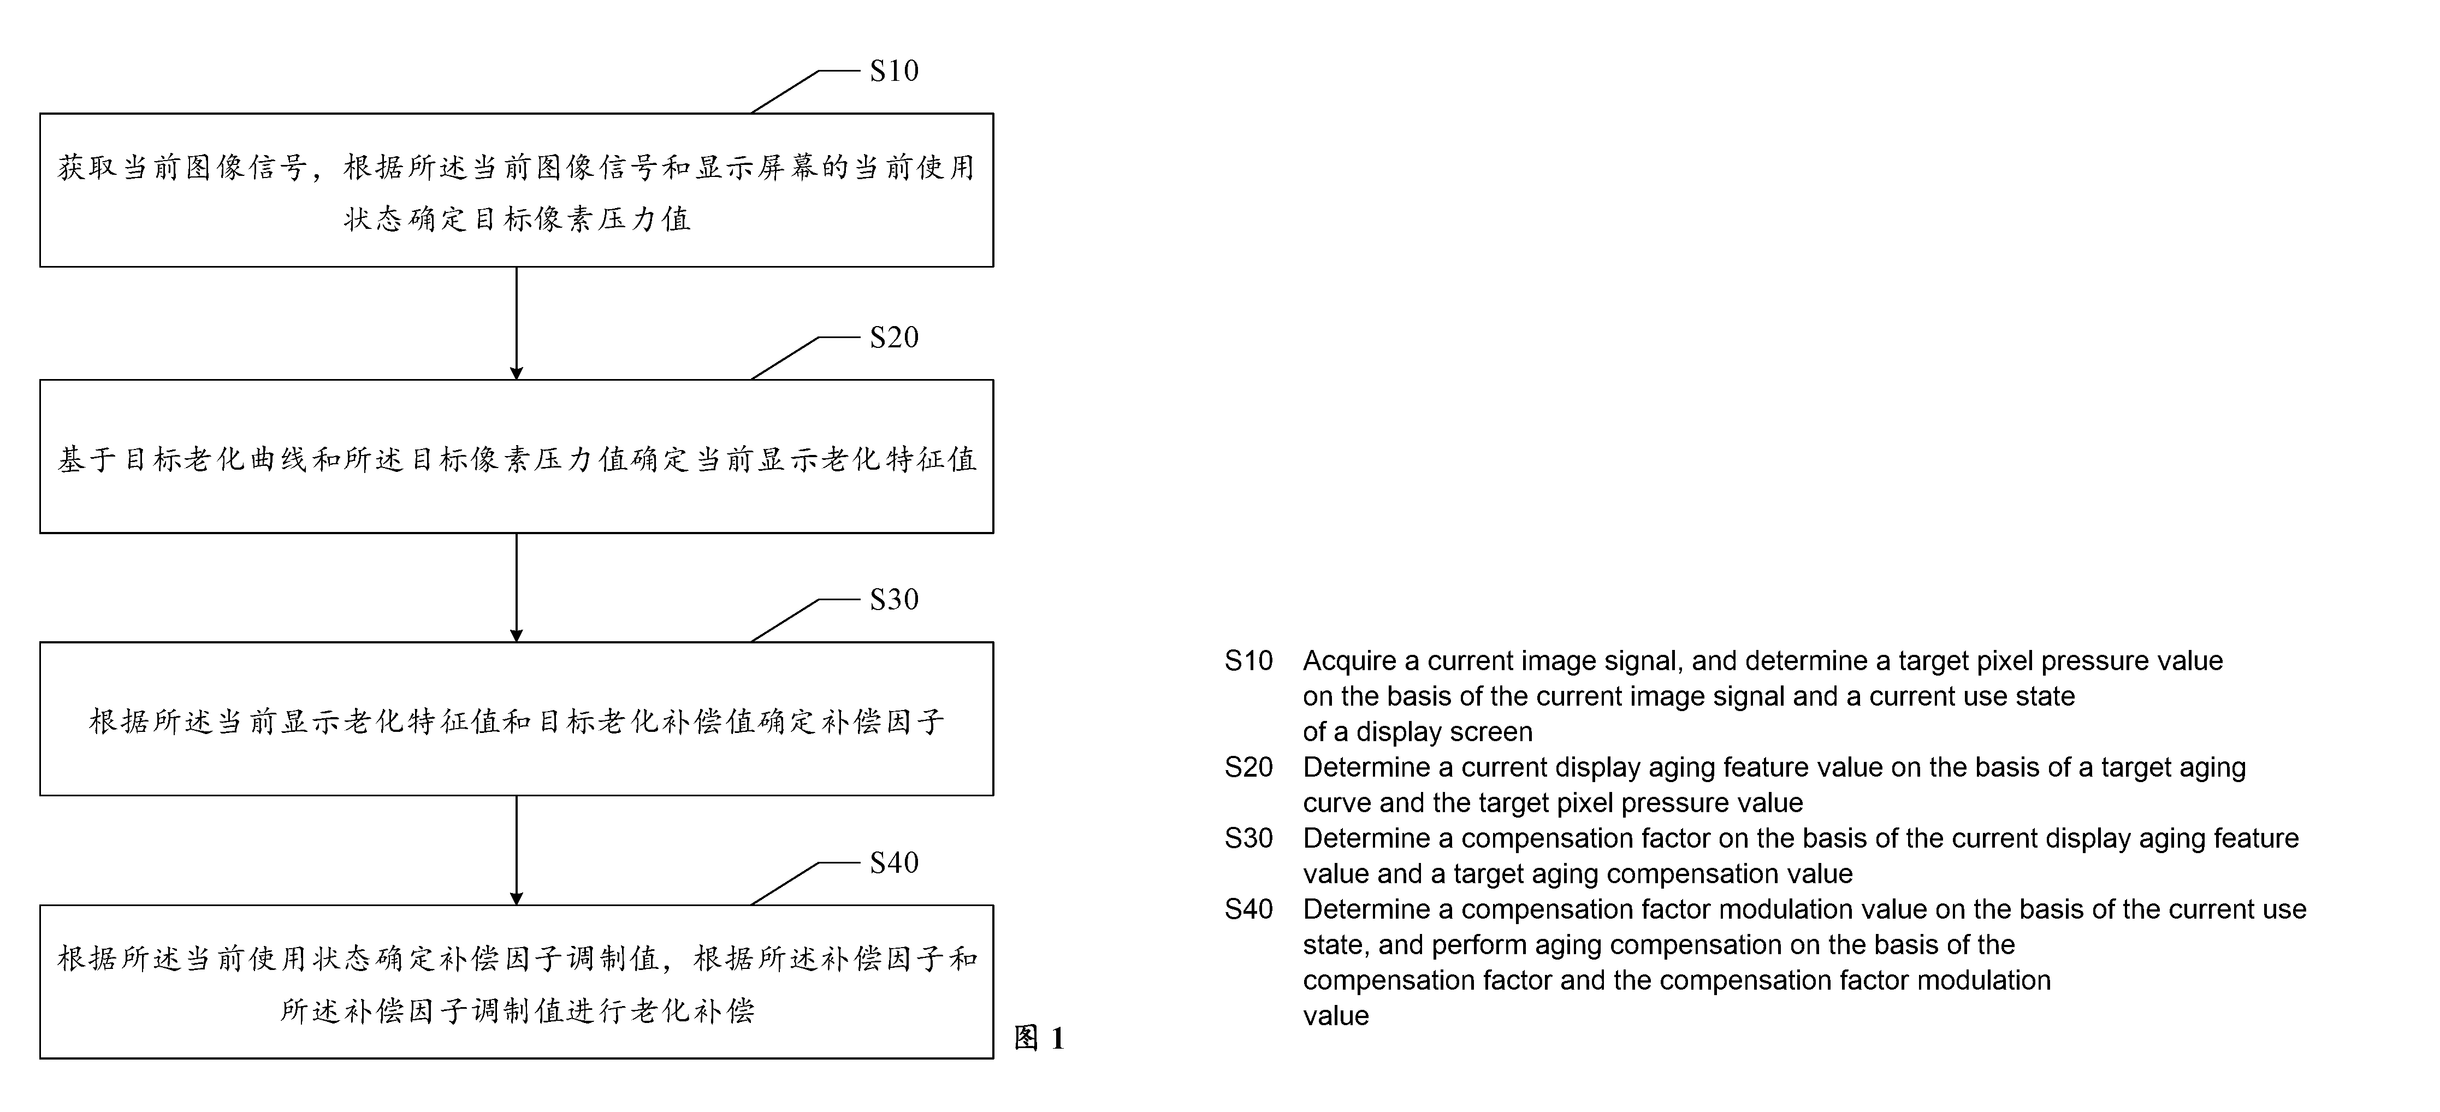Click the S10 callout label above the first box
pyautogui.click(x=894, y=71)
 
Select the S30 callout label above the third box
pyautogui.click(x=894, y=600)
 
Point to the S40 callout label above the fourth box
pyautogui.click(x=894, y=863)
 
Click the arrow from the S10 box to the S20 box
pyautogui.click(x=516, y=323)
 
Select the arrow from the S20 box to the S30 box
pyautogui.click(x=516, y=587)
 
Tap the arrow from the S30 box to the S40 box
pyautogui.click(x=516, y=850)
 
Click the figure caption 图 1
pyautogui.click(x=1039, y=1038)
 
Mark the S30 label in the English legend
pyautogui.click(x=1248, y=838)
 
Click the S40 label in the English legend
pyautogui.click(x=1248, y=909)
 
